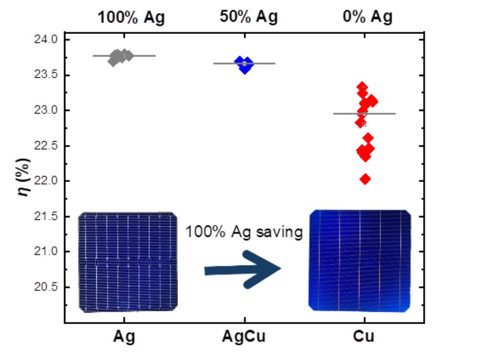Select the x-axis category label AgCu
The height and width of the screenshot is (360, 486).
[245, 337]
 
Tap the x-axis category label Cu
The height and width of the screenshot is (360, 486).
[364, 337]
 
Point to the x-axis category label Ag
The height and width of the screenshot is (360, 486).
[124, 337]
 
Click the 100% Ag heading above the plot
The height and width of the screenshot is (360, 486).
[131, 18]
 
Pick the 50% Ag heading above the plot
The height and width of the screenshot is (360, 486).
[249, 17]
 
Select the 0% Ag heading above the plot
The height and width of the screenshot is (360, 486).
[368, 17]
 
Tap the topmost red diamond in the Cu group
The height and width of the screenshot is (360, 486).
[362, 87]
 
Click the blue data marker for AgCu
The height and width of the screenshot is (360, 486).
[245, 64]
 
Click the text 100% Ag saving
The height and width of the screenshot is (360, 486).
[243, 232]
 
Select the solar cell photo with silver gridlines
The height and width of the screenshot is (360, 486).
[128, 262]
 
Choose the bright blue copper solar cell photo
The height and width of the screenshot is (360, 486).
[360, 260]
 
